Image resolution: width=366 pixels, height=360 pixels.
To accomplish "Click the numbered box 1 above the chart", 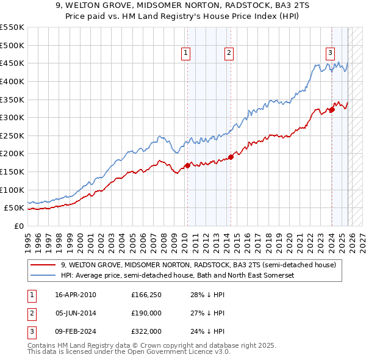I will click(185, 54).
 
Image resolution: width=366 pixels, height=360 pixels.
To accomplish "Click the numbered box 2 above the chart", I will click(229, 54).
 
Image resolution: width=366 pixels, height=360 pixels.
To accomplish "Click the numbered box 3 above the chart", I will click(330, 54).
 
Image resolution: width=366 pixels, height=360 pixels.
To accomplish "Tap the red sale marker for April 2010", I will click(187, 165).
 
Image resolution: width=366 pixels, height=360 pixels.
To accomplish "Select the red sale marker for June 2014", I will click(231, 157).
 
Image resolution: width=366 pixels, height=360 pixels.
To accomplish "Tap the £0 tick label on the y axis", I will click(19, 226).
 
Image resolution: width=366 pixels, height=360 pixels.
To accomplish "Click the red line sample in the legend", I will click(43, 265).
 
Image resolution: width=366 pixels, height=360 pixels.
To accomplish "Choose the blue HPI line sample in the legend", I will click(43, 276).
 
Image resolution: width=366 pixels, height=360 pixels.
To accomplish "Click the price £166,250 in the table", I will click(146, 295).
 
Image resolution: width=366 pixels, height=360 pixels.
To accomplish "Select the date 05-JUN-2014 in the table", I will click(76, 313).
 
